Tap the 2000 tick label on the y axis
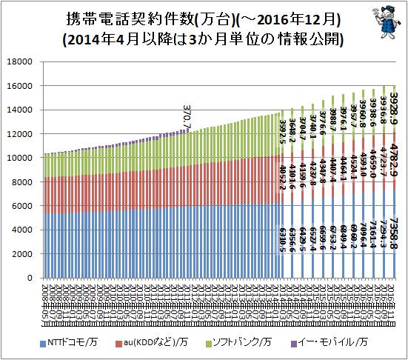(24, 254)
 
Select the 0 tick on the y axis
(31, 278)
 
